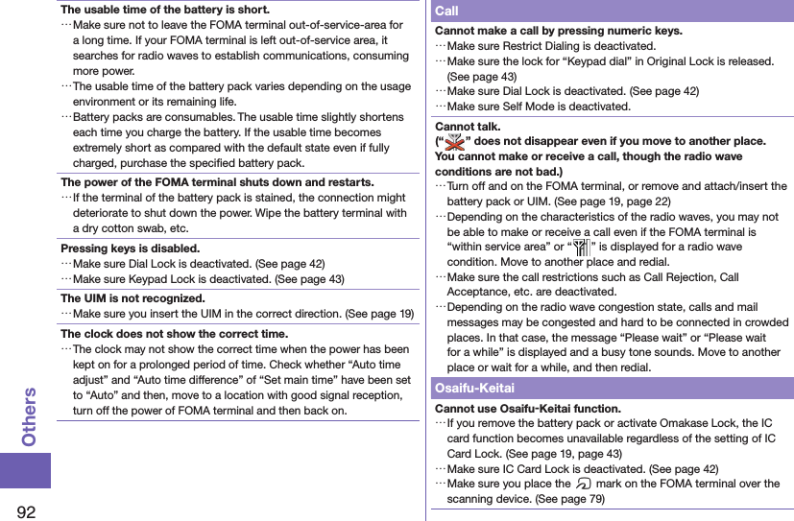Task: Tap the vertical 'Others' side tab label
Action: pos(29,416)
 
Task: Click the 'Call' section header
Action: pos(447,11)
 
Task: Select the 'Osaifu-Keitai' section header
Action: pos(475,388)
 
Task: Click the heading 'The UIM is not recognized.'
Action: pos(132,298)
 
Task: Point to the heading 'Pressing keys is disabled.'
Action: pos(130,248)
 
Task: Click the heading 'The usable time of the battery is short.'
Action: pos(165,10)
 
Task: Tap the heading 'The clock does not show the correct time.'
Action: pos(174,334)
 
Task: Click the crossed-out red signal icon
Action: pos(452,141)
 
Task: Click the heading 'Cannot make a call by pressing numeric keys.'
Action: pos(559,31)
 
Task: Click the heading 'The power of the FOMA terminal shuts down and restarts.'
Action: pos(217,181)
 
